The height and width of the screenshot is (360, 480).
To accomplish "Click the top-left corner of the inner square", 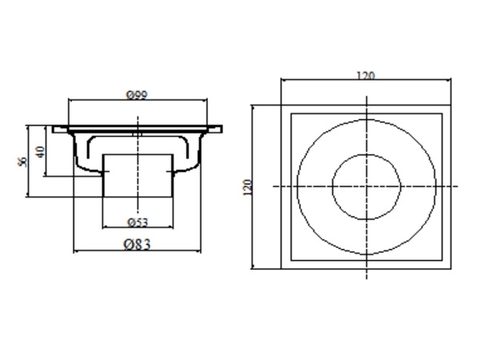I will click(291, 116).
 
